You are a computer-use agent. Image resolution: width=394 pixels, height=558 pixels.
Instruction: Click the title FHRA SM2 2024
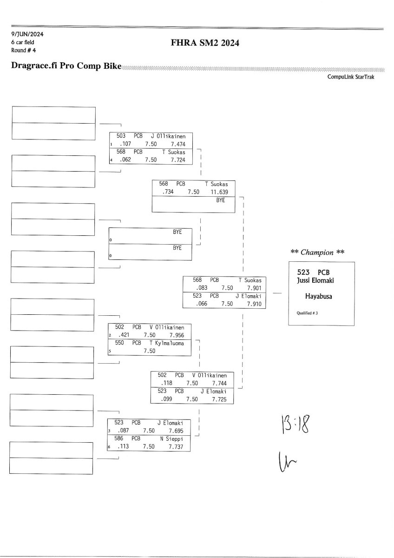click(205, 43)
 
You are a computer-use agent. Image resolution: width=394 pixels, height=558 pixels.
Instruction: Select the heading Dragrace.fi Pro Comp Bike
click(66, 66)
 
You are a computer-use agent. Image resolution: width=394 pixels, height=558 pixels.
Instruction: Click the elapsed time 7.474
click(178, 144)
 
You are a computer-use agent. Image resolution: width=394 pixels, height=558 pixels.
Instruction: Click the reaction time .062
click(125, 159)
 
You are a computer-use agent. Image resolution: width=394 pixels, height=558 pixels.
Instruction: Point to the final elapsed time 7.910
click(254, 304)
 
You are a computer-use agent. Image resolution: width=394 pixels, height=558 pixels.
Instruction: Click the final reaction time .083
click(202, 288)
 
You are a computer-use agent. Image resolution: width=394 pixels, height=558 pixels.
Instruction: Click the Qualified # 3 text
click(307, 313)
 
